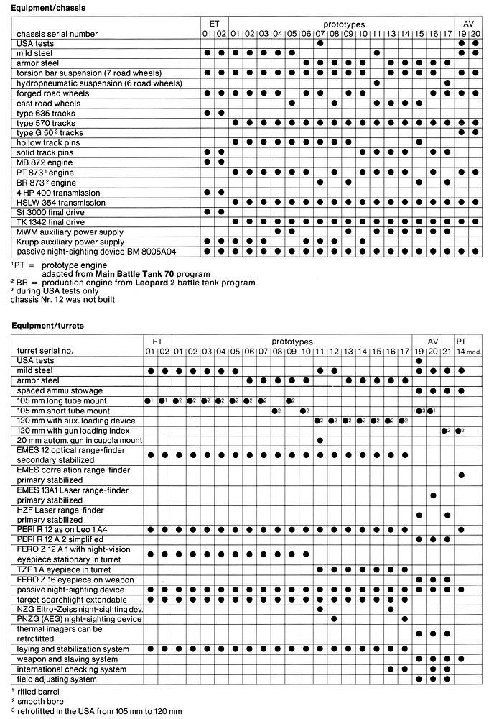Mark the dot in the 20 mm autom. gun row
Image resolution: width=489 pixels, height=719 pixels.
(320, 440)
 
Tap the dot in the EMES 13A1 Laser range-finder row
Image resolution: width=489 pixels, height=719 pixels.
(432, 495)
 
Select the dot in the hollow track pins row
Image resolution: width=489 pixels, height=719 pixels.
(419, 142)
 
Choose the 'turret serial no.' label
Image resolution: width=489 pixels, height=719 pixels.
(46, 350)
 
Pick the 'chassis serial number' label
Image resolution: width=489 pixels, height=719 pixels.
(57, 34)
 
